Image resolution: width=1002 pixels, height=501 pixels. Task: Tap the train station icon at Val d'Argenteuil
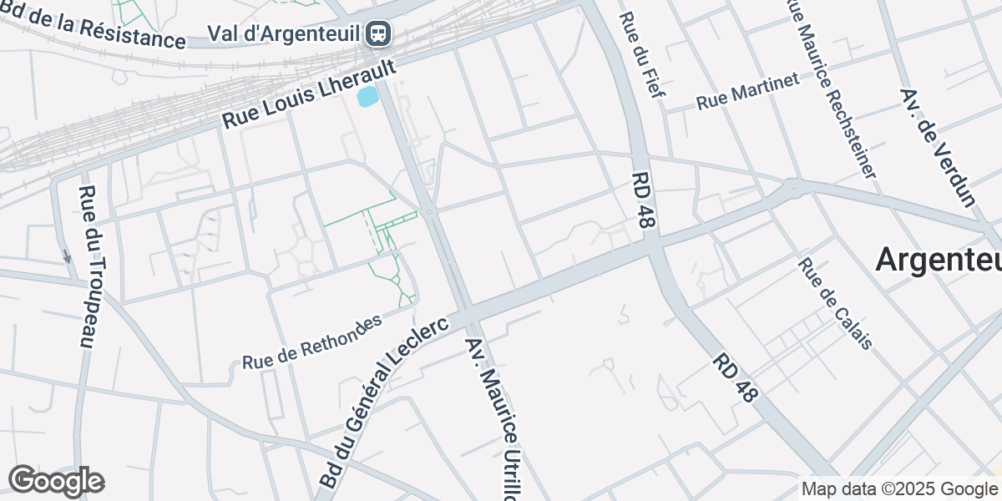(379, 33)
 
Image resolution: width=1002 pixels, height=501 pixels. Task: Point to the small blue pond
(367, 97)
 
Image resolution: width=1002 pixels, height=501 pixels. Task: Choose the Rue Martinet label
(747, 91)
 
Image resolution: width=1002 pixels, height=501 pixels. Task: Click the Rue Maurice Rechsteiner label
(832, 88)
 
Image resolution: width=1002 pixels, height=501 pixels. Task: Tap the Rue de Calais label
(835, 303)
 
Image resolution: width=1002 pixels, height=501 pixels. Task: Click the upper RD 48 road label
(645, 201)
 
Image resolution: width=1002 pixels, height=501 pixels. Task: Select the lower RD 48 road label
(735, 377)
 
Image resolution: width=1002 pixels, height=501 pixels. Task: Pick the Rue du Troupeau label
(87, 266)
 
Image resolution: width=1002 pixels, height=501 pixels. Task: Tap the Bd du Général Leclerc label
(383, 400)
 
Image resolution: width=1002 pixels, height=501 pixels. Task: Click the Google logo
(56, 481)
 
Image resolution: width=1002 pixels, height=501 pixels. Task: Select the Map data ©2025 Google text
(899, 488)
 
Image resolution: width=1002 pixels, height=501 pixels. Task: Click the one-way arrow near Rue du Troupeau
(67, 256)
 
